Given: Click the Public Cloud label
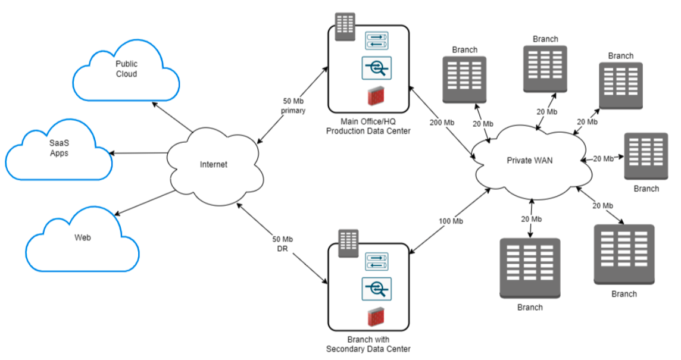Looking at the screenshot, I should pyautogui.click(x=126, y=68).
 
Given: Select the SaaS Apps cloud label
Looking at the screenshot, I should pyautogui.click(x=59, y=148).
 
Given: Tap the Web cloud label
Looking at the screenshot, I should pyautogui.click(x=82, y=237).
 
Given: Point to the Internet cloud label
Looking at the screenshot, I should pyautogui.click(x=213, y=164).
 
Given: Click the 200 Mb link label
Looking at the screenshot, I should pyautogui.click(x=442, y=123).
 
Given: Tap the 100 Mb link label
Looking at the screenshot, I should pyautogui.click(x=451, y=221).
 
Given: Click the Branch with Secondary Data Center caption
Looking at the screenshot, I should pyautogui.click(x=368, y=345).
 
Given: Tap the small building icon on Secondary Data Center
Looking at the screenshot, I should pyautogui.click(x=349, y=243).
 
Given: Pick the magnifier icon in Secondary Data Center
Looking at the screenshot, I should pyautogui.click(x=376, y=288).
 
